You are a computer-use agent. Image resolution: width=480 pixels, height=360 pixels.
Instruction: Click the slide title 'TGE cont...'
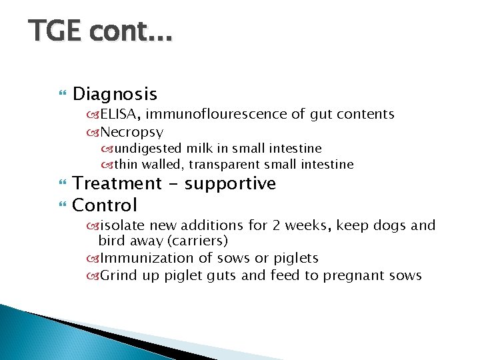point(100,31)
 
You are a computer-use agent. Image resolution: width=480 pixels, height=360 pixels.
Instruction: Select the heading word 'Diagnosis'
point(115,94)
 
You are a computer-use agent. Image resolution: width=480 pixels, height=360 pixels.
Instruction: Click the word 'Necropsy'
point(131,132)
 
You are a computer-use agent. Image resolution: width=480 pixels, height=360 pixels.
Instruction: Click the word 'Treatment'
point(117,183)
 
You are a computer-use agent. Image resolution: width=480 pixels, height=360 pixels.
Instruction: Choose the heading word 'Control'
point(105,205)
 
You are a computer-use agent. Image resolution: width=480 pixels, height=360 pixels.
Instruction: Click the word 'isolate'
point(121,225)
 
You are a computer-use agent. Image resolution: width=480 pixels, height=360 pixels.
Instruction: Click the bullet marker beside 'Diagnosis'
point(63,95)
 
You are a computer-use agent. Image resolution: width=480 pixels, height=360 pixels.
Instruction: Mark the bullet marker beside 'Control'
point(63,205)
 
